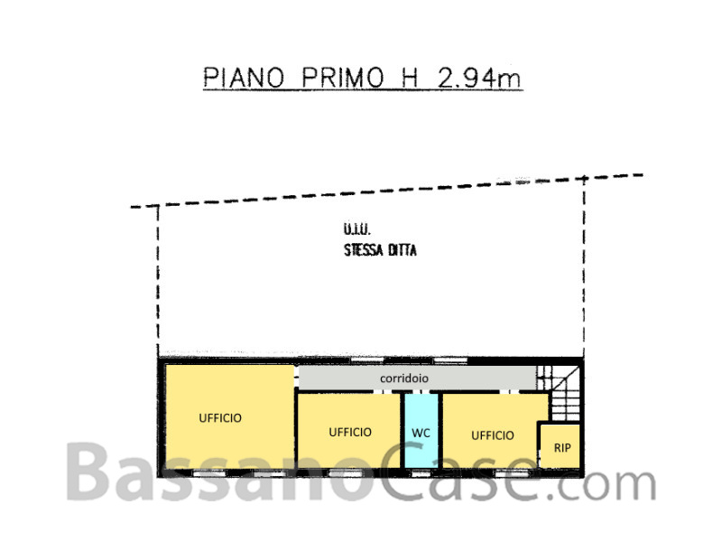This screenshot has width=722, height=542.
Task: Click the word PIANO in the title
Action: coord(244,78)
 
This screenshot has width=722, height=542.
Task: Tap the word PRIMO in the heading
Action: coord(343,78)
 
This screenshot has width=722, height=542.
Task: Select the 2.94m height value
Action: coord(479,78)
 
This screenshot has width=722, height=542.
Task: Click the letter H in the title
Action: coord(410,78)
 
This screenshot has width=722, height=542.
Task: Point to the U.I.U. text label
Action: coord(356,229)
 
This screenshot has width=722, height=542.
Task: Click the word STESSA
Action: coord(364,250)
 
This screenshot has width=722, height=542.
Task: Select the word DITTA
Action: coord(403,250)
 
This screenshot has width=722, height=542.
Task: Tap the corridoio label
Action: coord(403,378)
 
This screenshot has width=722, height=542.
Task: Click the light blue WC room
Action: coord(421,431)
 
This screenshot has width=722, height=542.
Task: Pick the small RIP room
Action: coord(560,446)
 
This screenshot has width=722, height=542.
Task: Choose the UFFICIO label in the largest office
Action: coord(220,418)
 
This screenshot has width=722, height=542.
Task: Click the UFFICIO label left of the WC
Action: coord(350,433)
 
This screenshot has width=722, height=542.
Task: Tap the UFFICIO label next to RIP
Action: coord(492,435)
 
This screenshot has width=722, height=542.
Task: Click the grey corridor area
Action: coord(417,378)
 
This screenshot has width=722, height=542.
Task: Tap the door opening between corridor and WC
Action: coord(421,392)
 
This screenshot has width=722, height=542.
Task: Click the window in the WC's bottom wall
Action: coord(421,473)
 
